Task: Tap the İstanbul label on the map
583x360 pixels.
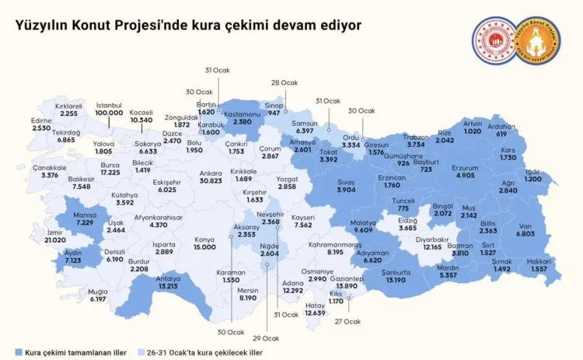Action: tap(109, 105)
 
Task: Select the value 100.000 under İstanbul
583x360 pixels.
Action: tap(109, 113)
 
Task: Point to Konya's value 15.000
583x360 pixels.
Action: tap(204, 246)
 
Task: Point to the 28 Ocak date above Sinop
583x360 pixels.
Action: tap(285, 82)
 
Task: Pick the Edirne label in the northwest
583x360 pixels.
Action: tap(41, 120)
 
